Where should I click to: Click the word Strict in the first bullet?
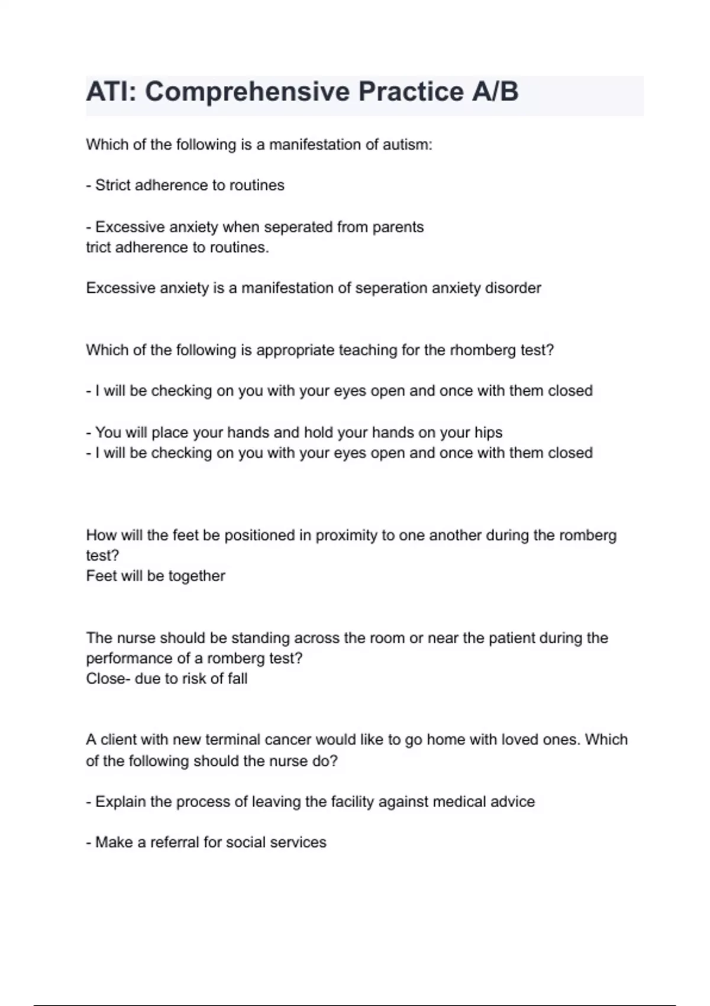pos(112,186)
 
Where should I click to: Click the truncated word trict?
pos(98,247)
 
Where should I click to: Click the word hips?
pos(488,433)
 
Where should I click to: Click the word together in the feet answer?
pos(196,576)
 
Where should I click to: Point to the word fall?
pos(237,679)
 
